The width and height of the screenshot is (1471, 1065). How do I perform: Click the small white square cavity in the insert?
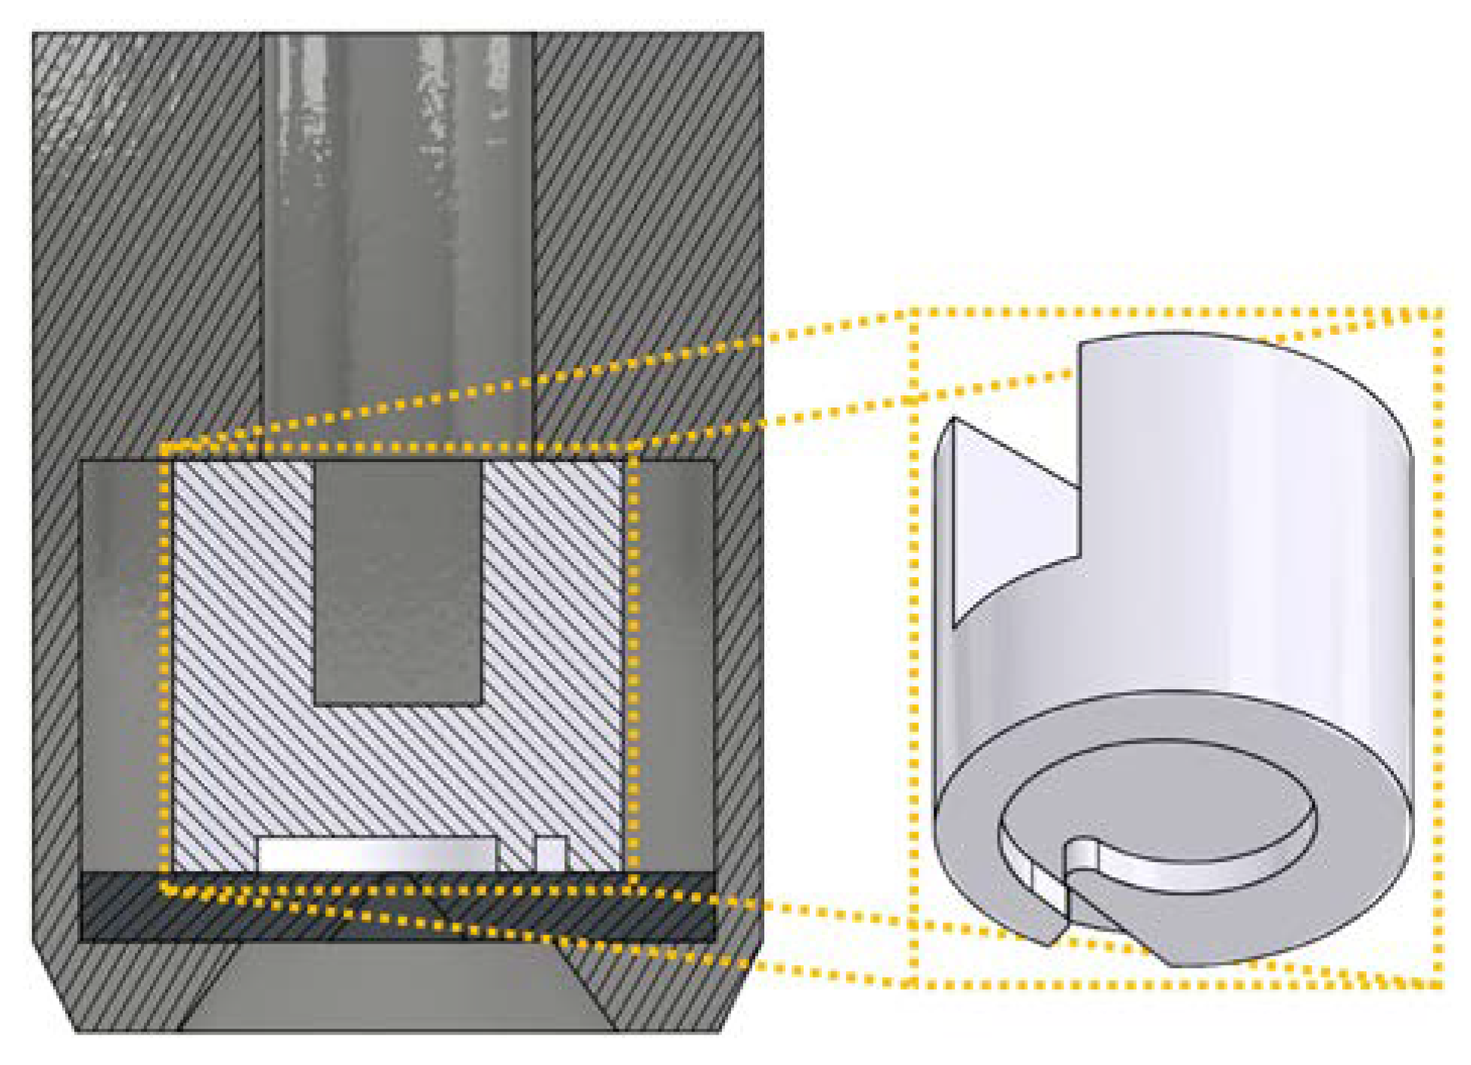[x=551, y=854]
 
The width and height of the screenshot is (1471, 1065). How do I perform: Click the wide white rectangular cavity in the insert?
[x=376, y=854]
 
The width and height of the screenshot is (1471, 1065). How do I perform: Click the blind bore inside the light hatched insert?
[x=398, y=583]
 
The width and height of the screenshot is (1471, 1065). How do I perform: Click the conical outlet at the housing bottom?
[x=398, y=988]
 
